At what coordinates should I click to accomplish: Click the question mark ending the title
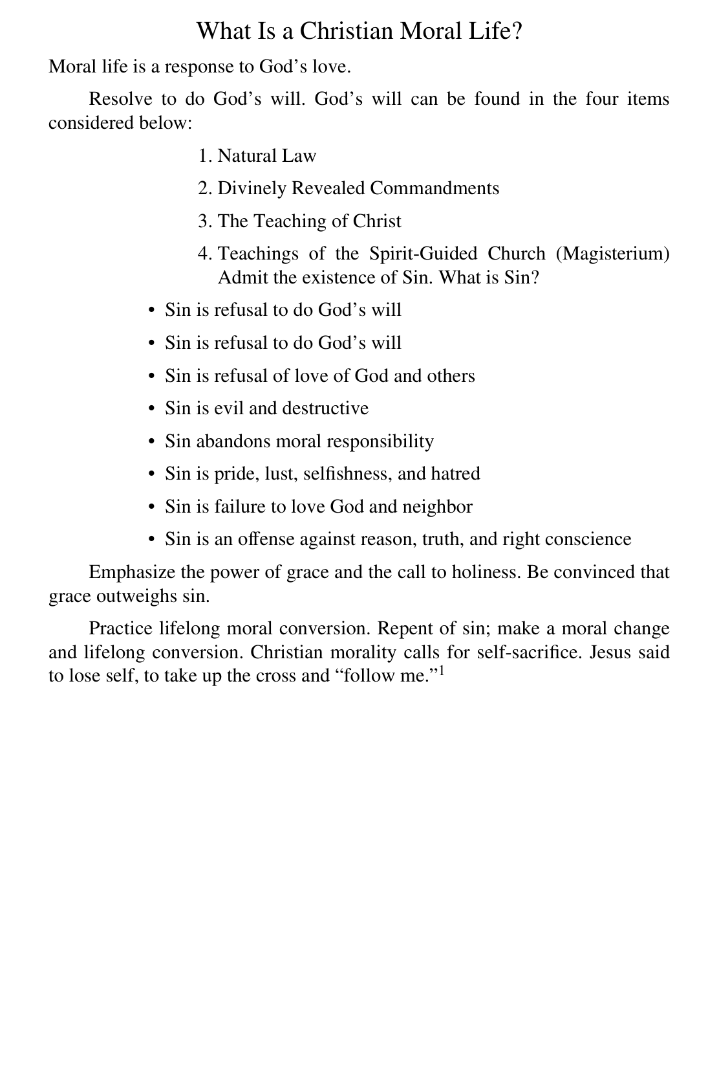[x=516, y=31]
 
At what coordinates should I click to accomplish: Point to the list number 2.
[x=204, y=188]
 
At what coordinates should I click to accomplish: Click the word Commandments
[x=435, y=188]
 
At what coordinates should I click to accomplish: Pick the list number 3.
[x=204, y=221]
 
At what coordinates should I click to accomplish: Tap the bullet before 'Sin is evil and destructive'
[x=151, y=409]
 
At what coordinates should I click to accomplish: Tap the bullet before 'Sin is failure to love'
[x=151, y=507]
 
